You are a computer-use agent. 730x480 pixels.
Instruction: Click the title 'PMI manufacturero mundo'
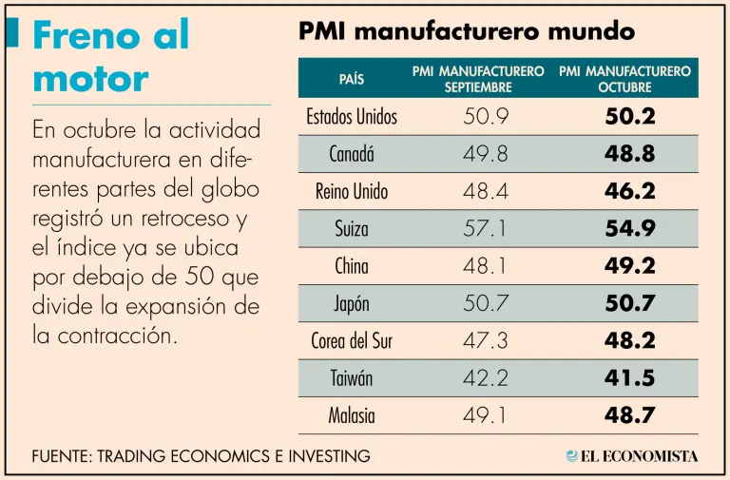[x=466, y=31]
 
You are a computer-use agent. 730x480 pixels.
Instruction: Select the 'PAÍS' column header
[x=351, y=79]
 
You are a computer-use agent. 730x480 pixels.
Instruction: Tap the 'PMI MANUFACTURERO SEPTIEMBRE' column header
[x=478, y=79]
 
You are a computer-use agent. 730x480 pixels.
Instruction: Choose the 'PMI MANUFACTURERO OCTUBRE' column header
[x=624, y=79]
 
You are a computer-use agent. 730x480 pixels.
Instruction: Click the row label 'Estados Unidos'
[x=352, y=118]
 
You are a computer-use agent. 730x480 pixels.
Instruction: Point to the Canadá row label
[x=352, y=154]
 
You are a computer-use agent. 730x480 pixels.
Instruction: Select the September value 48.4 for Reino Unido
[x=485, y=192]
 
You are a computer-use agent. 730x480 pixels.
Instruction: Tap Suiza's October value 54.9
[x=629, y=229]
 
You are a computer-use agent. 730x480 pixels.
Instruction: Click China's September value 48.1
[x=485, y=266]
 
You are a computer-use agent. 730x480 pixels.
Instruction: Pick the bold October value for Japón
[x=629, y=304]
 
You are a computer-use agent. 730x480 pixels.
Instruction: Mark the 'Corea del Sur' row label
[x=352, y=341]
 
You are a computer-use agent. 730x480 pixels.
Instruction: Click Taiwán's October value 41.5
[x=629, y=378]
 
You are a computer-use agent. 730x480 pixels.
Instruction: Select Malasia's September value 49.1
[x=485, y=415]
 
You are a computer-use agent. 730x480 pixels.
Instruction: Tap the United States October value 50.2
[x=629, y=118]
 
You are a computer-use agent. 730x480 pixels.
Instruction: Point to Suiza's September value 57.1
[x=485, y=229]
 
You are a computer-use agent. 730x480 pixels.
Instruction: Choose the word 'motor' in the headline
[x=90, y=78]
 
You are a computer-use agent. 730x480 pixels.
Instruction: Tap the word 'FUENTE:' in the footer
[x=63, y=456]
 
